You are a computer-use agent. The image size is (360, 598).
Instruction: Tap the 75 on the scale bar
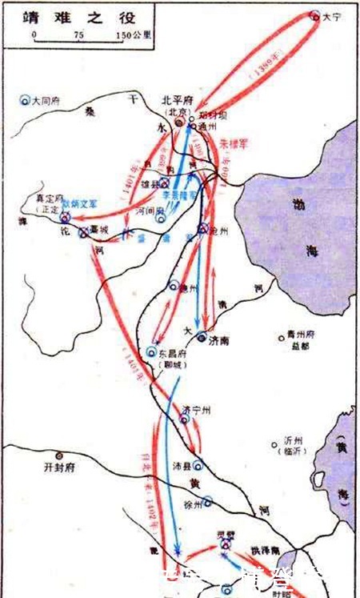point(78,35)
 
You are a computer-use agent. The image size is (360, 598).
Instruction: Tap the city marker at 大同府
point(26,101)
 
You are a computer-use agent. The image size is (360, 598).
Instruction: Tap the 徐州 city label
point(194,504)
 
